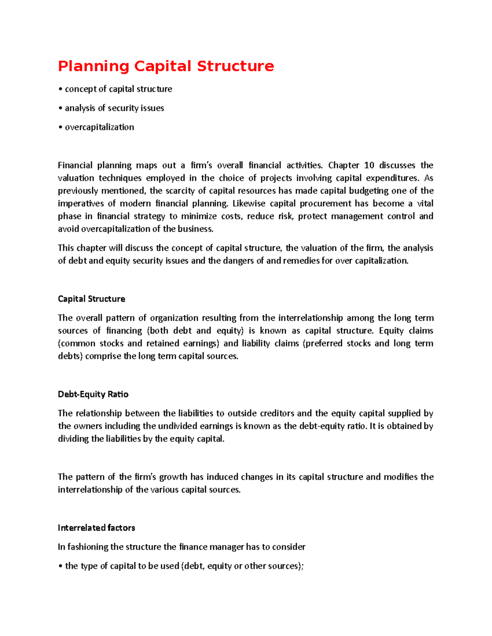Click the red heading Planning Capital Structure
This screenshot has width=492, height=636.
pyautogui.click(x=166, y=66)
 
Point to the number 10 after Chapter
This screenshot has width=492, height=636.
pyautogui.click(x=369, y=165)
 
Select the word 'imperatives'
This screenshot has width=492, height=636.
pyautogui.click(x=80, y=204)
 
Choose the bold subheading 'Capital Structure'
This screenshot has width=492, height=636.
pyautogui.click(x=91, y=299)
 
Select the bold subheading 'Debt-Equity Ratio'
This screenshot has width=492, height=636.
pyautogui.click(x=93, y=394)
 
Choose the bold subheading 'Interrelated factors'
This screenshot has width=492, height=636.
pyautogui.click(x=96, y=528)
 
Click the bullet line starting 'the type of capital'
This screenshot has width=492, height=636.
pyautogui.click(x=181, y=566)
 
